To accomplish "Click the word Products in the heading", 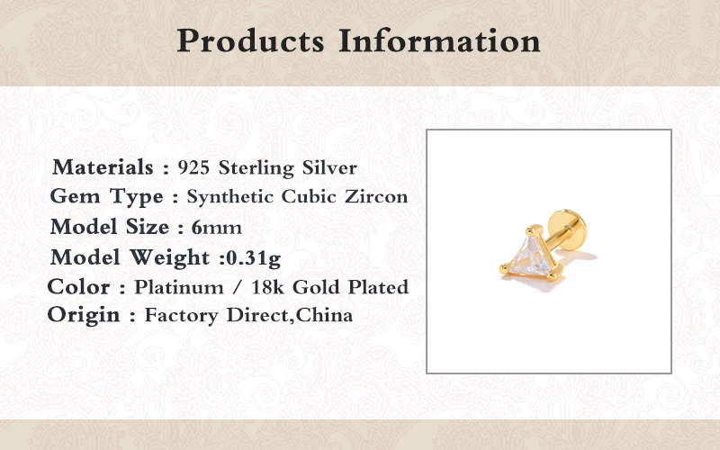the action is click(x=251, y=41).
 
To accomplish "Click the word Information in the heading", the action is click(x=439, y=40).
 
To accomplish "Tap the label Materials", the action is click(x=103, y=166).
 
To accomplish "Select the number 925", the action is click(x=193, y=167).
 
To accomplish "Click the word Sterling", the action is click(x=256, y=168).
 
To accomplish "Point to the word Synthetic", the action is click(x=229, y=197).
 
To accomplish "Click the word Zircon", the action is click(x=376, y=196).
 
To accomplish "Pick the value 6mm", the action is click(x=216, y=228).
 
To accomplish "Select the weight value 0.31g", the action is click(x=254, y=258).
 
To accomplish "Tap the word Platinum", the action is click(x=178, y=287).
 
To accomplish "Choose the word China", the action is click(x=324, y=315).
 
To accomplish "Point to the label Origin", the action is click(x=84, y=315).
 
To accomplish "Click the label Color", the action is click(x=78, y=287).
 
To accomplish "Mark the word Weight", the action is click(x=169, y=257).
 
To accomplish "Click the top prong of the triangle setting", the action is click(x=534, y=229).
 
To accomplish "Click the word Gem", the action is click(x=75, y=196).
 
